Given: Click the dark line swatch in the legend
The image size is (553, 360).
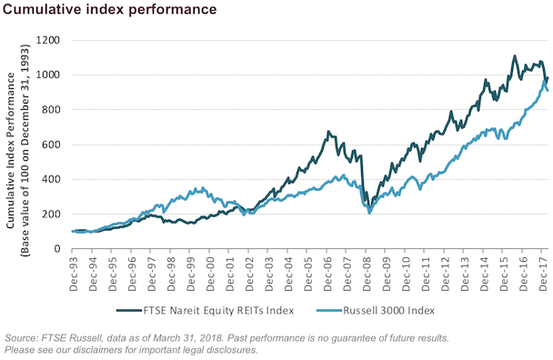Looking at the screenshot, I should point(129,309).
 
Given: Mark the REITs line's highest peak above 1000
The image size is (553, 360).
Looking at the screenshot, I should point(515,57).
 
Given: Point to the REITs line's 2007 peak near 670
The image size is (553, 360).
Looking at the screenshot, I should point(327,132).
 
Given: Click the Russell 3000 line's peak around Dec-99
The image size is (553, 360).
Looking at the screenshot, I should point(200,188).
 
